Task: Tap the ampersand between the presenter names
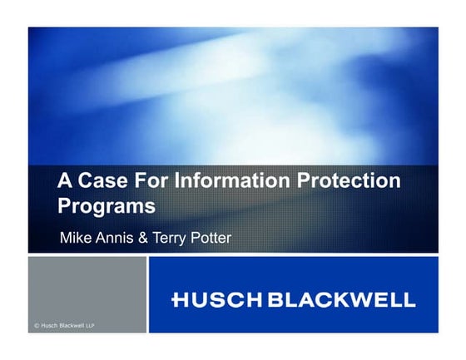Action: point(144,238)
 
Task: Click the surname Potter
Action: point(211,238)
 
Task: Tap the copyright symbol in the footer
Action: point(37,326)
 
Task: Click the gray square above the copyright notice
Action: point(87,287)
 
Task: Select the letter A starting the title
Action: point(63,180)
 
